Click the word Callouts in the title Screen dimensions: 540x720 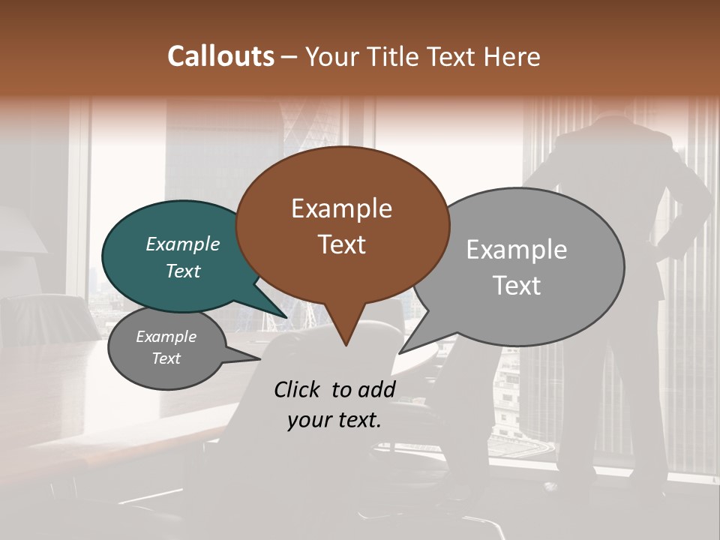tap(220, 56)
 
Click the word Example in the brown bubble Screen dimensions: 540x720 tap(341, 208)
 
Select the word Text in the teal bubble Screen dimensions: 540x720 tap(183, 271)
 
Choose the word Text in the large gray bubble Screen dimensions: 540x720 tap(516, 286)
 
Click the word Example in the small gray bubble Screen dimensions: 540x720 tap(166, 337)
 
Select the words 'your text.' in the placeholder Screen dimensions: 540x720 tap(334, 420)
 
